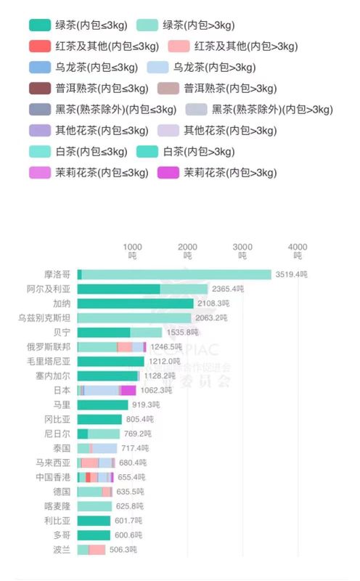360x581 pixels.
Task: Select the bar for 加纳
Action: pos(135,304)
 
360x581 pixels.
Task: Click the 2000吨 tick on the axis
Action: pos(187,251)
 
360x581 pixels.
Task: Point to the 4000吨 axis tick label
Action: pos(298,251)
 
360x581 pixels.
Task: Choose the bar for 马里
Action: pos(102,405)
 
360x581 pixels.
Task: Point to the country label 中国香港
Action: pos(53,477)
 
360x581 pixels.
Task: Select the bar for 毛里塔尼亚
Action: pos(110,361)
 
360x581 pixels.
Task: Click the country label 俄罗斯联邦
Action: pos(49,346)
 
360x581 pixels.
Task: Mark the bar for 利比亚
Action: pos(94,521)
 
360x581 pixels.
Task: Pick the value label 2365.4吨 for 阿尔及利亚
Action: pos(227,289)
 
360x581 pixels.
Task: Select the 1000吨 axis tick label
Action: pos(133,251)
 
